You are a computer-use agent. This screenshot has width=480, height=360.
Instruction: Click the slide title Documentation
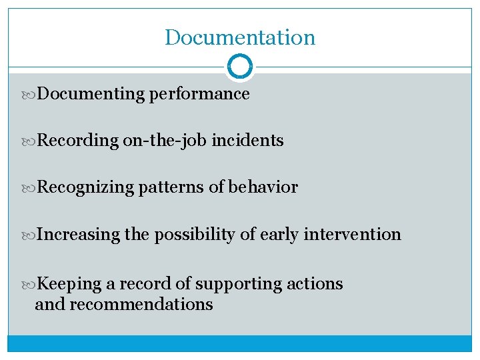240,37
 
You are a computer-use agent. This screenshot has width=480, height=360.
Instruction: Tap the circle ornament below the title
240,67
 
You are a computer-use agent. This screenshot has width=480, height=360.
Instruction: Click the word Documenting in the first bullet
91,94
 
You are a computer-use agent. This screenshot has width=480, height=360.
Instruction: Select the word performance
199,94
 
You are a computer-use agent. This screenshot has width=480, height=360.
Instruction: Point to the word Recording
77,141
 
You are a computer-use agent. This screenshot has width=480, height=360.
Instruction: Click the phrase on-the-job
165,141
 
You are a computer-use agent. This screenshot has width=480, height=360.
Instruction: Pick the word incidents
247,141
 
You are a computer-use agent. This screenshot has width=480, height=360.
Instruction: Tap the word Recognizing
85,187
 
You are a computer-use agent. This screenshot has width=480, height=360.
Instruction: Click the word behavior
263,187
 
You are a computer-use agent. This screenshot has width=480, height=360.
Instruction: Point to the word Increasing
78,235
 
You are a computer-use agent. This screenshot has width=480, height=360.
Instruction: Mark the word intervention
352,235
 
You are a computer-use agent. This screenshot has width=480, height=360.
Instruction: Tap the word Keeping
69,284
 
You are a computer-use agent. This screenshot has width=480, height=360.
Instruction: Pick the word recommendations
141,305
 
